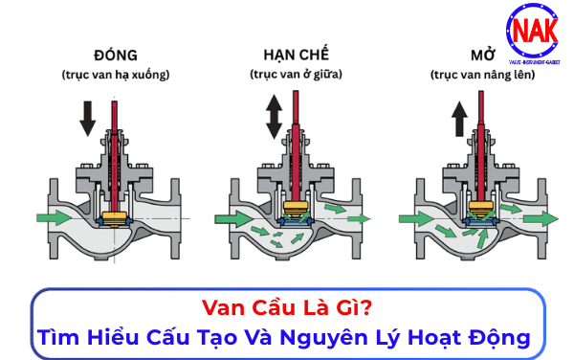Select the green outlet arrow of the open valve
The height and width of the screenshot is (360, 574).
tap(541, 217)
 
